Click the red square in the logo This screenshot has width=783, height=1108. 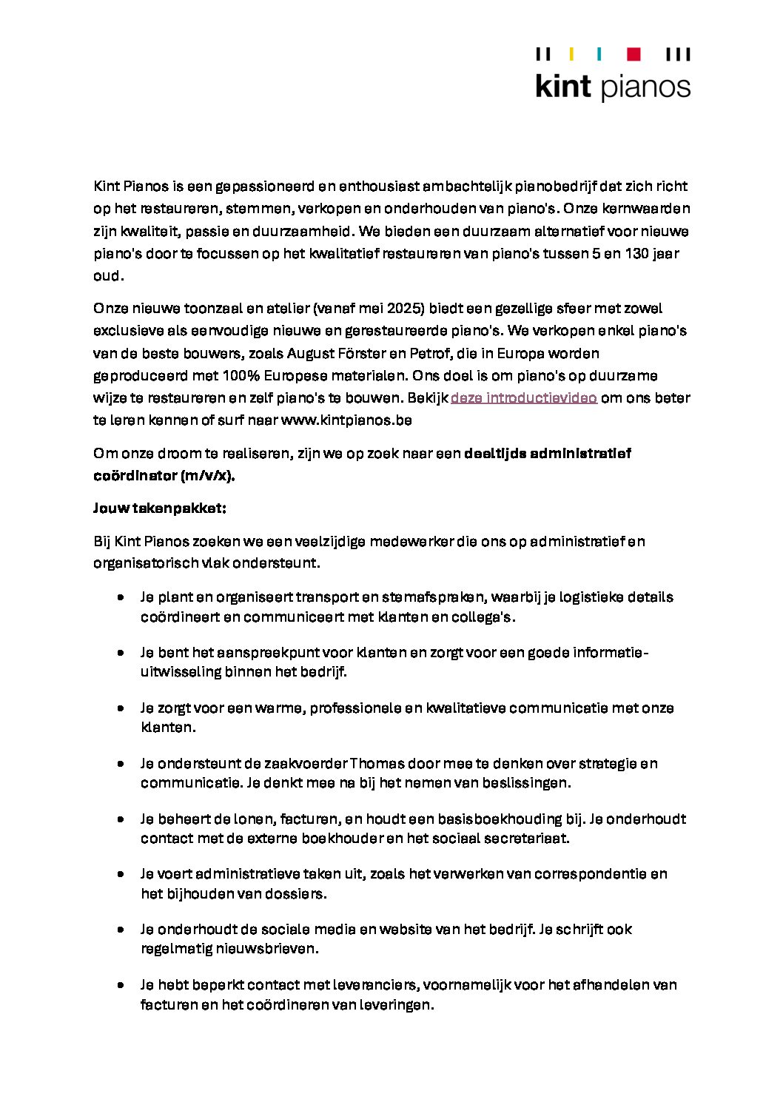[634, 54]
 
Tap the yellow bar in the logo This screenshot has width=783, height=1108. [571, 54]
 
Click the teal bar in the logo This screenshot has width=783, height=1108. [599, 54]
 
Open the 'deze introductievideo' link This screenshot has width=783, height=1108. [524, 397]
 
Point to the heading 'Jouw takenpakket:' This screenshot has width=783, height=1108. [160, 508]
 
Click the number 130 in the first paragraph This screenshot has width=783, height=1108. [637, 253]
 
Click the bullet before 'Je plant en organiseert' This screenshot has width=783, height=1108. [120, 597]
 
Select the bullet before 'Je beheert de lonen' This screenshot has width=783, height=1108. [120, 819]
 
